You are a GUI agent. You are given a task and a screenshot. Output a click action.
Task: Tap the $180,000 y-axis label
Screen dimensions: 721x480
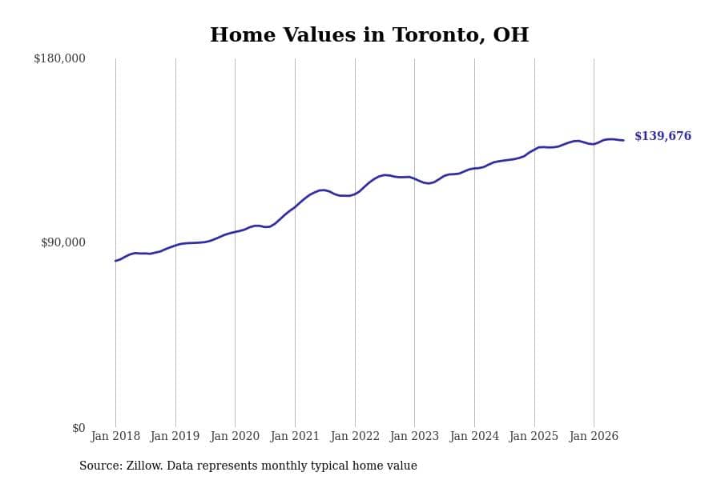click(60, 58)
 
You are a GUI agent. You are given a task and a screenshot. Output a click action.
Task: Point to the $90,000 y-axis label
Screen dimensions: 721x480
click(63, 242)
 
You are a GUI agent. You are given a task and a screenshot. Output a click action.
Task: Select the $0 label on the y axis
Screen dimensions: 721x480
click(79, 428)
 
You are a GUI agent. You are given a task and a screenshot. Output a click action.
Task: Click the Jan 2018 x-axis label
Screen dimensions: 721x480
click(115, 436)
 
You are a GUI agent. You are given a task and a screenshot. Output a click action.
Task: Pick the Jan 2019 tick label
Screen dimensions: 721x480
click(175, 436)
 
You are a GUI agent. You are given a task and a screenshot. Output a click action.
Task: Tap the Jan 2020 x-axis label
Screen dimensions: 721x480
click(235, 436)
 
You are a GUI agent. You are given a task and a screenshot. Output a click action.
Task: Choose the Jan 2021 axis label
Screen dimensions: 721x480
click(295, 436)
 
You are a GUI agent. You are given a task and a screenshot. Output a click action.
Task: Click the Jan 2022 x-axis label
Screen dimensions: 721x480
click(355, 436)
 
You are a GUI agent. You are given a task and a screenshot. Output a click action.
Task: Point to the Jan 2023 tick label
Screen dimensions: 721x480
click(414, 436)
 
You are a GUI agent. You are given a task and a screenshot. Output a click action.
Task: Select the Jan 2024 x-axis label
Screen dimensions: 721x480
click(474, 436)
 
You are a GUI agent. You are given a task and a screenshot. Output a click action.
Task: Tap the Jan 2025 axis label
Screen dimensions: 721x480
click(534, 436)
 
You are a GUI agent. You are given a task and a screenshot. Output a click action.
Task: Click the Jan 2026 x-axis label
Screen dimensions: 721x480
click(594, 436)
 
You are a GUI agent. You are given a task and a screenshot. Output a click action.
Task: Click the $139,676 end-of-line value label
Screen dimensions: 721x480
click(663, 136)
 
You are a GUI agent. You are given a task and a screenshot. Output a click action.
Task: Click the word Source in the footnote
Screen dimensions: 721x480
click(101, 466)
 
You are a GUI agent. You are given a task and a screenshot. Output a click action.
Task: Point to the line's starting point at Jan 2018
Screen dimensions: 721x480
click(115, 261)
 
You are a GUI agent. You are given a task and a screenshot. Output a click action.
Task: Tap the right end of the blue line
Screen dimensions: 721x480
click(623, 140)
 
